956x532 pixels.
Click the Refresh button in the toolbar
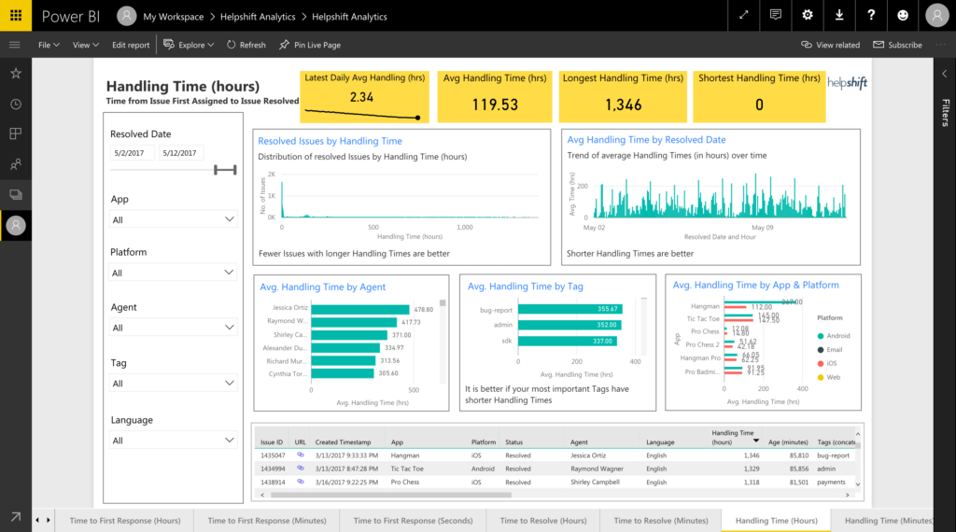click(246, 45)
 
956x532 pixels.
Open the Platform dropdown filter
click(173, 273)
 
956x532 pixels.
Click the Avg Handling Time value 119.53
click(494, 105)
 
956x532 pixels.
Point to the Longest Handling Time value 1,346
click(623, 105)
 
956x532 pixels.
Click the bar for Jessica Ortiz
click(360, 309)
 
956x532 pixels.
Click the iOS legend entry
click(833, 363)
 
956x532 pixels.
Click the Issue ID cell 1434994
click(273, 469)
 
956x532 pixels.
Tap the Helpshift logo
click(847, 84)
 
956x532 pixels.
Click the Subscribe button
click(897, 45)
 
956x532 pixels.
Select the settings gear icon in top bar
click(808, 15)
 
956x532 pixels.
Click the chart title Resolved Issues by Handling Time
click(330, 141)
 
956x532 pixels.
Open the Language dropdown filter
click(173, 441)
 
